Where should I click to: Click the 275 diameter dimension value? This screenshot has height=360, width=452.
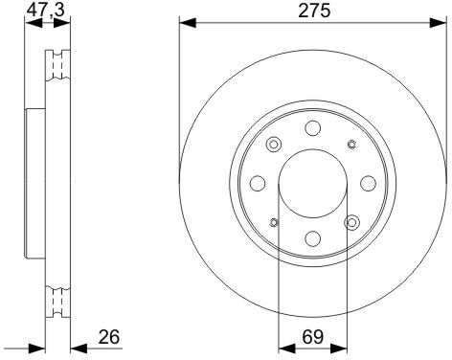(x=314, y=11)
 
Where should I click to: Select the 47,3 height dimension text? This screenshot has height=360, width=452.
(x=46, y=10)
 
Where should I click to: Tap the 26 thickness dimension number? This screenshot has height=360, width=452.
(x=109, y=337)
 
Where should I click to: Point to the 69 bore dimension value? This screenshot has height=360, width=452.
(x=313, y=337)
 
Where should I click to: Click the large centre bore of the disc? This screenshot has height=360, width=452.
(x=313, y=184)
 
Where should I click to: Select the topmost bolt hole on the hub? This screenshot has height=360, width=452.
(x=312, y=128)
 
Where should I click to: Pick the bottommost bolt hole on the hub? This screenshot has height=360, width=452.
(x=313, y=238)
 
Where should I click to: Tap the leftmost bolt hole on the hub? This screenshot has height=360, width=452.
(x=258, y=183)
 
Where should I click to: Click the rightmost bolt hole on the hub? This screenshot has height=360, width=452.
(x=368, y=183)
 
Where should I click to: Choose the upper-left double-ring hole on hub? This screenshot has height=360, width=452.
(x=274, y=145)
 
